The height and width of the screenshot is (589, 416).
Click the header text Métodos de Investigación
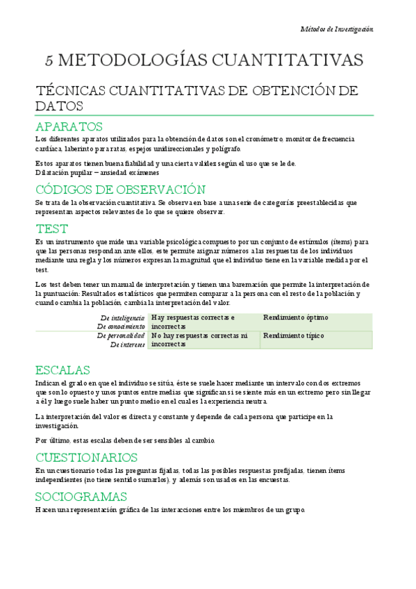click(x=336, y=29)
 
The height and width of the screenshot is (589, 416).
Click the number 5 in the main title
click(x=49, y=61)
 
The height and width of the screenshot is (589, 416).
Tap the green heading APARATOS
click(x=69, y=126)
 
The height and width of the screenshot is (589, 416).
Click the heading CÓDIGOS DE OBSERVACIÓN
click(x=120, y=190)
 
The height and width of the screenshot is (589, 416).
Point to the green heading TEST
click(x=51, y=229)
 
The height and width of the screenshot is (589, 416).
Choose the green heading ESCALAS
click(x=63, y=370)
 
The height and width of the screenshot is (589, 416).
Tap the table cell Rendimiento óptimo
click(x=296, y=318)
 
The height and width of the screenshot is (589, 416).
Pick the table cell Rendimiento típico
click(x=294, y=336)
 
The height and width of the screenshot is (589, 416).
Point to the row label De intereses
click(x=128, y=345)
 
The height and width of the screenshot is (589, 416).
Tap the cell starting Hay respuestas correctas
click(x=193, y=322)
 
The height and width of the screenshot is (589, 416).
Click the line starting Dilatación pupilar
click(x=97, y=172)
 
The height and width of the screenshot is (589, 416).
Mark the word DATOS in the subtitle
click(x=59, y=106)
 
